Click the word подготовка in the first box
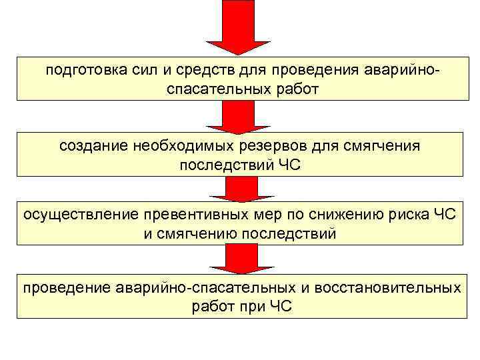tap(84, 70)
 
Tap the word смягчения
tap(372, 146)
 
